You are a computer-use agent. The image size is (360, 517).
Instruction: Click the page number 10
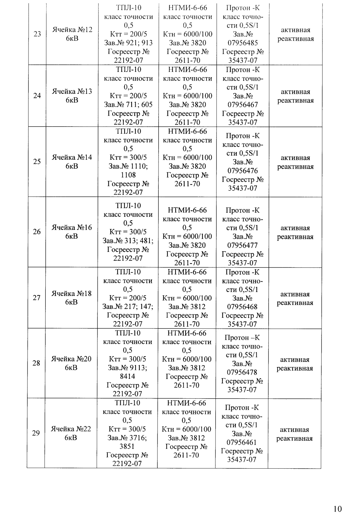pos(337,509)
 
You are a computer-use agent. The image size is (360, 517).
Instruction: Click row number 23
pos(37,34)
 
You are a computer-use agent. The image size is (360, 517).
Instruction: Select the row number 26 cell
pos(37,231)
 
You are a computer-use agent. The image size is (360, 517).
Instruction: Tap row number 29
pos(36,433)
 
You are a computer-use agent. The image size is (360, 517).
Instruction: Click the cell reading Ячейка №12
pos(72,34)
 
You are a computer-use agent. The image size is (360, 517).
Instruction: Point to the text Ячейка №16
pos(72,232)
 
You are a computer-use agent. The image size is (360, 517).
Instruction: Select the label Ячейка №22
pos(71,433)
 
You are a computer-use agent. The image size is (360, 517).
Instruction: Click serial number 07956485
pos(243,43)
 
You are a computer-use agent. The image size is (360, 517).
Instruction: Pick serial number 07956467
pos(243,104)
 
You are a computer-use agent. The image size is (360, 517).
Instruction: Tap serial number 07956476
pos(242,171)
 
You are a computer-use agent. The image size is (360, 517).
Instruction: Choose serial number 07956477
pos(242,245)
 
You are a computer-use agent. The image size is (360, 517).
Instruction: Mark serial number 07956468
pos(242,307)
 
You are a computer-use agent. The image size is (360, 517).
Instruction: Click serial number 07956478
pos(242,372)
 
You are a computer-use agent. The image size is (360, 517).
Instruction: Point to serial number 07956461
pos(241,442)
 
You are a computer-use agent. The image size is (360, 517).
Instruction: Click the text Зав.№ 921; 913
pos(129,43)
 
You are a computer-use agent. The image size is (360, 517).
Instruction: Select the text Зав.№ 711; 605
pos(128,104)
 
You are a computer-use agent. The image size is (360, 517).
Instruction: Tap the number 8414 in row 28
pos(128,376)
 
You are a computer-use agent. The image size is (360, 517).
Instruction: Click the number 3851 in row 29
pos(127,446)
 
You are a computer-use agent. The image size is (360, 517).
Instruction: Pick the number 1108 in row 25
pos(128,175)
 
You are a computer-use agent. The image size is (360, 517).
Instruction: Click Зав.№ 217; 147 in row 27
pos(128,307)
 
